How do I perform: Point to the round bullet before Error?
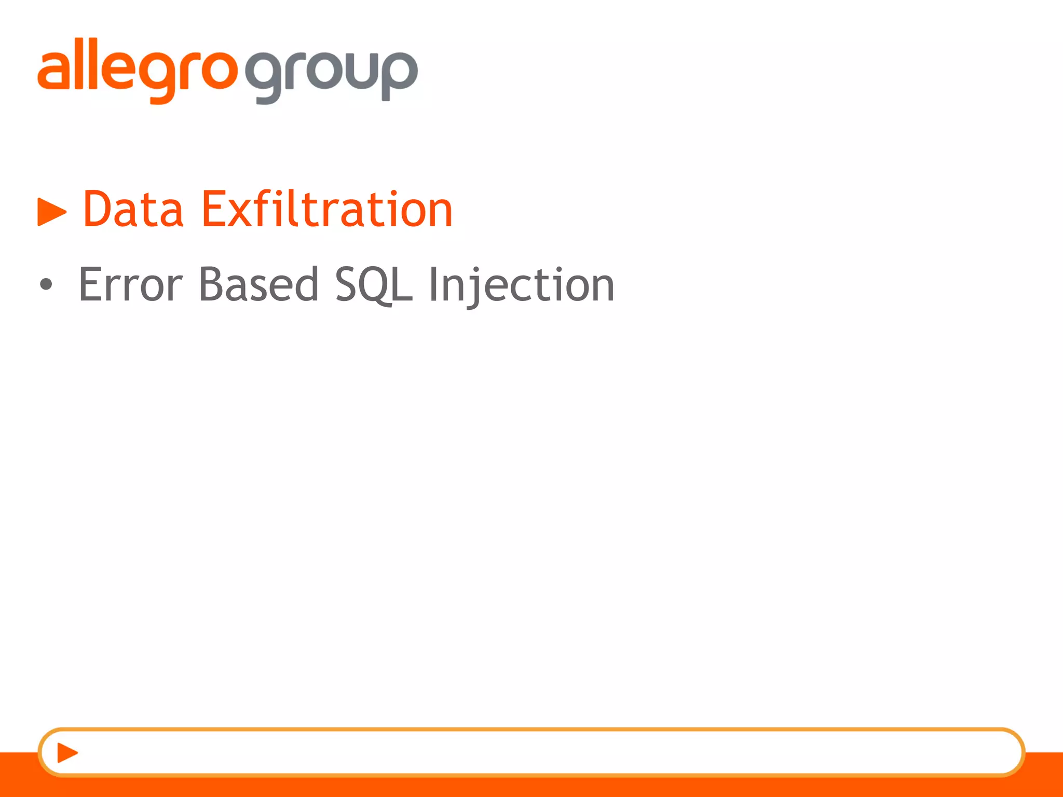[46, 284]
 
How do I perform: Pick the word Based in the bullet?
[258, 284]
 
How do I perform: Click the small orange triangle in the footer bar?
[67, 752]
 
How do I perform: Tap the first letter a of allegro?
[52, 71]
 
